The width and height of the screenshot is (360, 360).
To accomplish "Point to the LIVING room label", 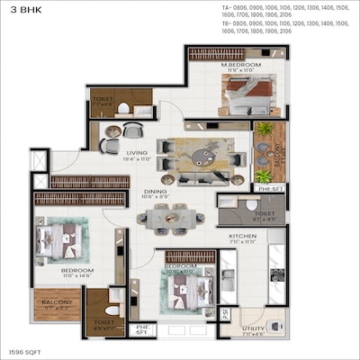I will click(138, 153).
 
